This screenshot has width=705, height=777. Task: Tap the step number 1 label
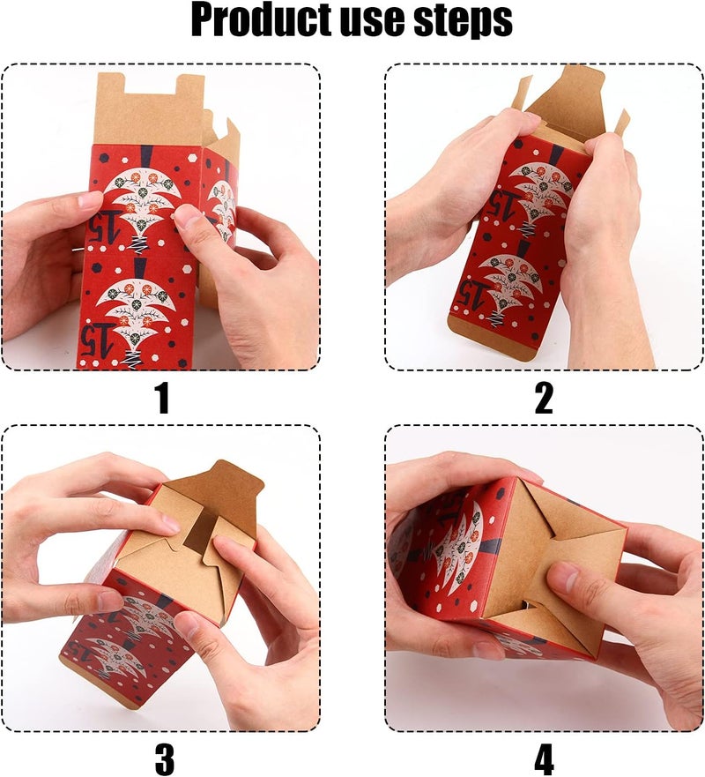pos(161,399)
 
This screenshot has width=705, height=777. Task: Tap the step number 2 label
pos(544,399)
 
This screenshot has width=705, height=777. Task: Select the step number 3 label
pos(164,758)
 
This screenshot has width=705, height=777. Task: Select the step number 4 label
pos(544,758)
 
